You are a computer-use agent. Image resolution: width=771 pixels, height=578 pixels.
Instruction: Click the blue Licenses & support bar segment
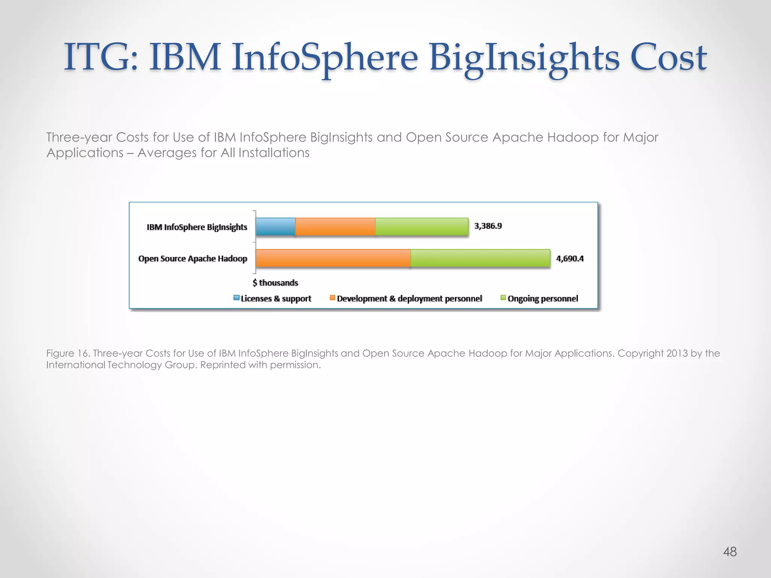276,227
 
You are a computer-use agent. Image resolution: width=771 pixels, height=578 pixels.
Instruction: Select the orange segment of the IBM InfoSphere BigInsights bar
335,227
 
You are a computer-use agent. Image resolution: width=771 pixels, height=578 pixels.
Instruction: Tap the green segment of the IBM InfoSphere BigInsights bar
422,227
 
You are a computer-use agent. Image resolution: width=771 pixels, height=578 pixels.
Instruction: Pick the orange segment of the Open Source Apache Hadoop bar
333,258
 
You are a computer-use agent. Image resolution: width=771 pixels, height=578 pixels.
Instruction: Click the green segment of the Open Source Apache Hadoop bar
480,258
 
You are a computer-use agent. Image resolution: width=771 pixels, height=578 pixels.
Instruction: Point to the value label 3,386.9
488,226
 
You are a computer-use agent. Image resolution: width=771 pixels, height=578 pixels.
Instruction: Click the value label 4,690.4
570,259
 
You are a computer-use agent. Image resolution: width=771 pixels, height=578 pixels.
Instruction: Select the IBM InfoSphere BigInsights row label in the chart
197,227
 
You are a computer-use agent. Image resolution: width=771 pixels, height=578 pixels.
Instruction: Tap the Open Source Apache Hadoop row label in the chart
193,259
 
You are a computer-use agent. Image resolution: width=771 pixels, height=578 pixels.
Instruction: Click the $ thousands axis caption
275,283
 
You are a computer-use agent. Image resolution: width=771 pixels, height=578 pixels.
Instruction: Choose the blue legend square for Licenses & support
236,298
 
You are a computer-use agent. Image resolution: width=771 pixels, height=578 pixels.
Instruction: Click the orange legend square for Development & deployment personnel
332,298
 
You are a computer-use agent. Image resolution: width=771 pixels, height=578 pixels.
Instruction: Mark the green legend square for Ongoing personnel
503,298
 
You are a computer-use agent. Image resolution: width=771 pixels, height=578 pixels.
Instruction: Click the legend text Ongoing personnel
542,298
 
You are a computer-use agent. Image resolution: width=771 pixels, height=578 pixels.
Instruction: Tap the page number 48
730,552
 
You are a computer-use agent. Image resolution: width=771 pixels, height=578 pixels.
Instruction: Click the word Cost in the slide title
668,57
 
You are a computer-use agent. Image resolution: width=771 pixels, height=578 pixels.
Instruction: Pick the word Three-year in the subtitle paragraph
79,137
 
